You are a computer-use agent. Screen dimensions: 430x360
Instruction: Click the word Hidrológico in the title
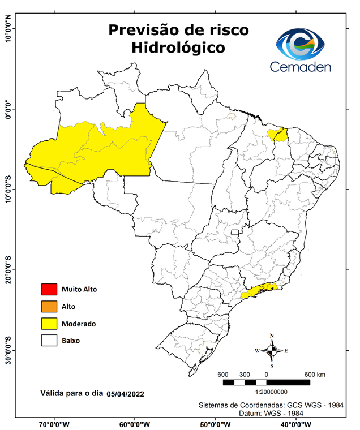(178, 48)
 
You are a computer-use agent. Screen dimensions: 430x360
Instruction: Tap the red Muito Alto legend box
(49, 289)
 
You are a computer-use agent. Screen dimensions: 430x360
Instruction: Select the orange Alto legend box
(49, 307)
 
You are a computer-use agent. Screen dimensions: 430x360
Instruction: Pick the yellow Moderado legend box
(49, 324)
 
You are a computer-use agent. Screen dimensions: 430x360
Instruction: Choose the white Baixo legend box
(49, 341)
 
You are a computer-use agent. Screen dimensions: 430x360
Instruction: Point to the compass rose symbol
(272, 350)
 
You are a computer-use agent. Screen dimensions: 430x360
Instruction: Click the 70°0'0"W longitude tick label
(53, 424)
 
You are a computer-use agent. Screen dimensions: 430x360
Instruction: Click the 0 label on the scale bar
(266, 375)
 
